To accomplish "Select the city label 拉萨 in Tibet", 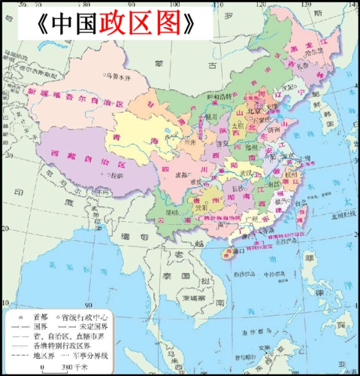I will tap(113, 174).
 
